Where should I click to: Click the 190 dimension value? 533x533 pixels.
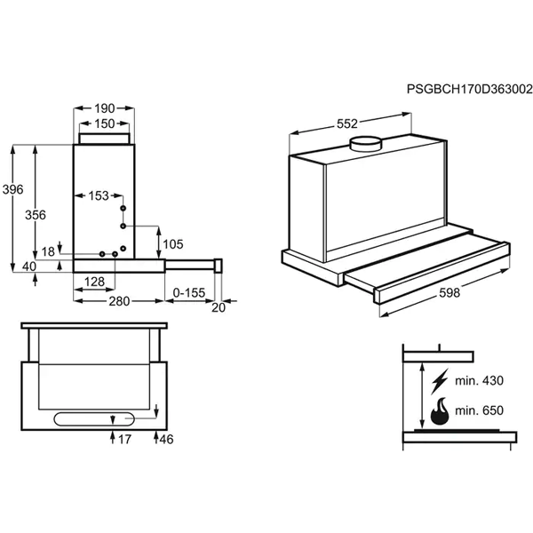pyautogui.click(x=102, y=107)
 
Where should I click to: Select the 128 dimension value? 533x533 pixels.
pyautogui.click(x=95, y=282)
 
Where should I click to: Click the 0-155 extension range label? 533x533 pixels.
pyautogui.click(x=189, y=292)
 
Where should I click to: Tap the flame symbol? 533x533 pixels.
pyautogui.click(x=439, y=411)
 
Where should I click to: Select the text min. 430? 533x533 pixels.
pyautogui.click(x=479, y=382)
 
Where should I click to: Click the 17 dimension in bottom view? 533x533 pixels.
pyautogui.click(x=125, y=439)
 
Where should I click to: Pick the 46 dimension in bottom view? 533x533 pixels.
pyautogui.click(x=166, y=439)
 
